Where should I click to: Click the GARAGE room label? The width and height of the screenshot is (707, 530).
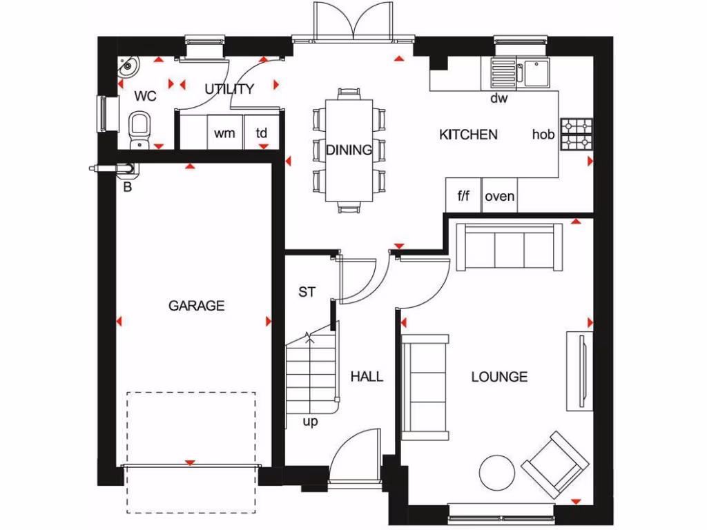(x=197, y=305)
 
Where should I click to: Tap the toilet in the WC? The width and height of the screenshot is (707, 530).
(x=140, y=128)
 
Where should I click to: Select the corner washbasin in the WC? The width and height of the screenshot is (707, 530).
(x=128, y=68)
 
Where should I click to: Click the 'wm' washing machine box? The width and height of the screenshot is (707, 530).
(x=224, y=133)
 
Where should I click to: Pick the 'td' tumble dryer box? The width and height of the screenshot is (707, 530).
(x=262, y=133)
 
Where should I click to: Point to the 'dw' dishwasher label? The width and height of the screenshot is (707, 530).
(x=498, y=98)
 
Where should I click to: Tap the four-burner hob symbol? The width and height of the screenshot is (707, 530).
(x=576, y=134)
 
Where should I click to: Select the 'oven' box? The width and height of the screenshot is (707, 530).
(x=499, y=196)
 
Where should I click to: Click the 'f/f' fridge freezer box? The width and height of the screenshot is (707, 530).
(x=463, y=196)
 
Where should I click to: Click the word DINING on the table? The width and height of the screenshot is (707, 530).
(x=349, y=150)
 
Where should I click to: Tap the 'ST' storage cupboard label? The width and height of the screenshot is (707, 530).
(x=307, y=292)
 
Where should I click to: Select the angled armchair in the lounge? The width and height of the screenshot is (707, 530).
(x=555, y=464)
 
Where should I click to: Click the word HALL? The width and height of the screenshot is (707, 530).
(x=366, y=376)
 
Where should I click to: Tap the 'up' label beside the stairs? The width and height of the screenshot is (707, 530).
(x=310, y=421)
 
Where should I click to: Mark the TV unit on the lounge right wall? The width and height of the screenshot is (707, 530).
(x=579, y=371)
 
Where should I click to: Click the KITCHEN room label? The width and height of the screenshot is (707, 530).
(x=468, y=135)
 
